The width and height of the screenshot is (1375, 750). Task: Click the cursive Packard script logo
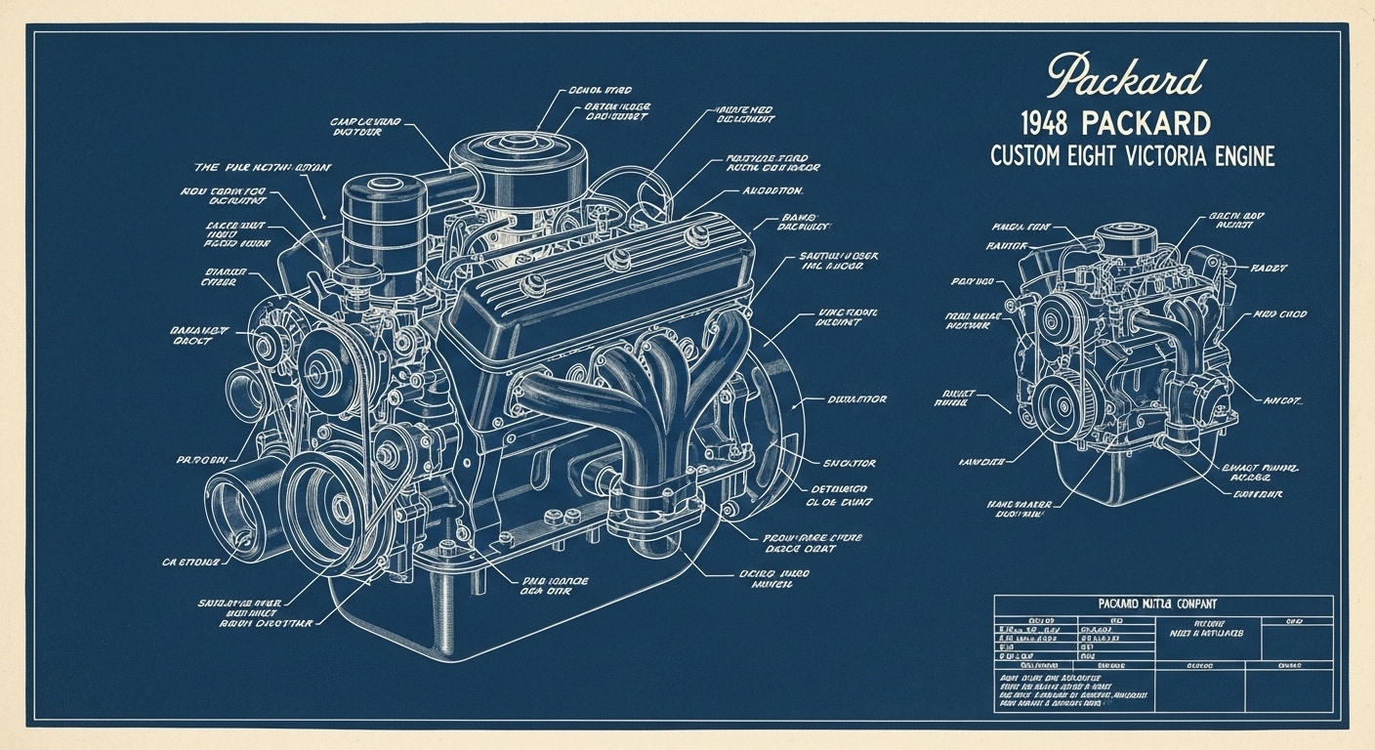1126,77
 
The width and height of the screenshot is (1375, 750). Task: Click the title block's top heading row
1162,604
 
